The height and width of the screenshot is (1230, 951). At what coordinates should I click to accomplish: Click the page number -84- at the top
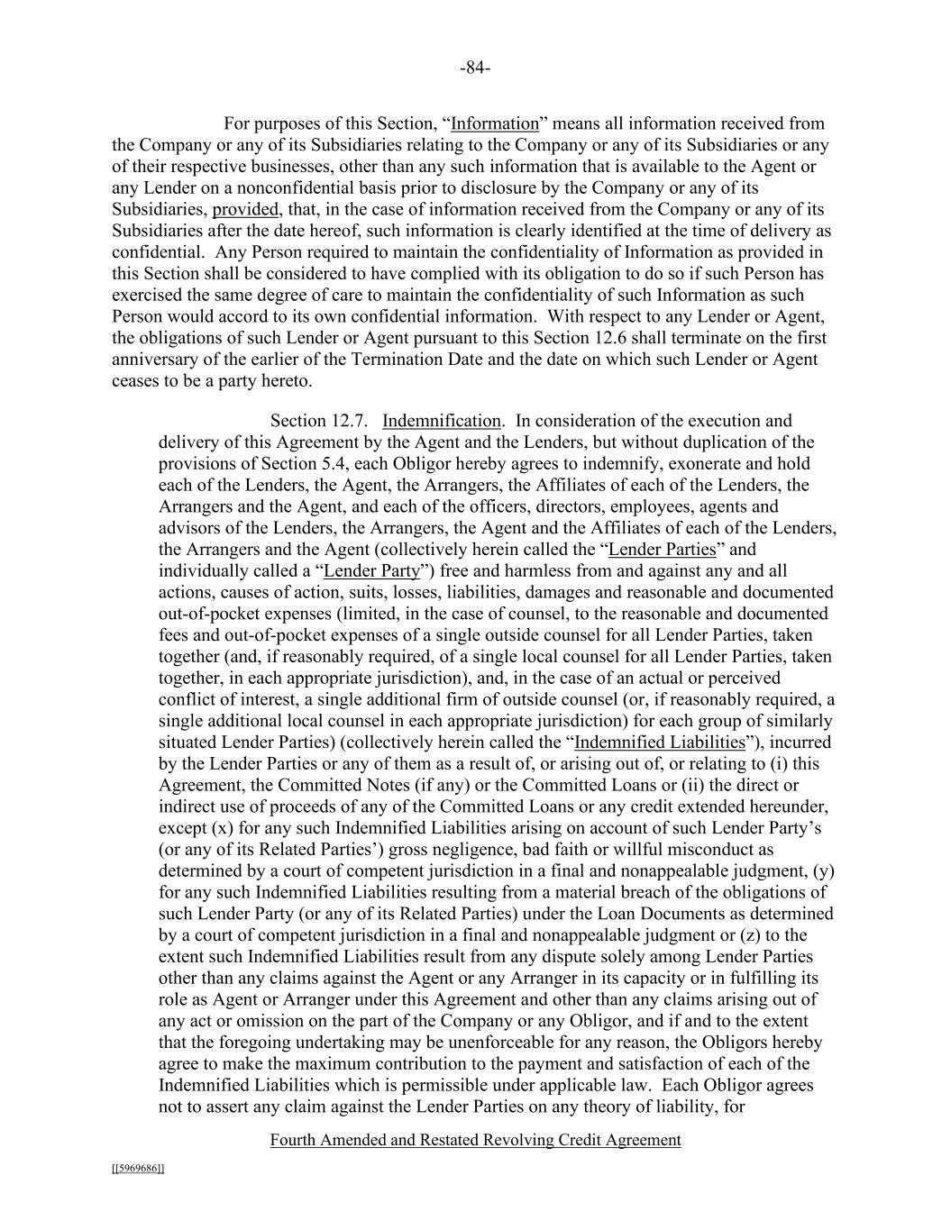click(x=475, y=68)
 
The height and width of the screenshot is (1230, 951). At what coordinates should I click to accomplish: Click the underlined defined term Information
click(x=494, y=123)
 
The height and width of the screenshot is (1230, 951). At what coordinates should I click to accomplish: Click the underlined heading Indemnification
click(x=441, y=421)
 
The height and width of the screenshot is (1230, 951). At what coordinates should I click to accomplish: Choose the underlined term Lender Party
click(x=371, y=571)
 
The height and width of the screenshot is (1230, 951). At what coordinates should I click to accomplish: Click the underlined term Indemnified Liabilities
click(x=660, y=743)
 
